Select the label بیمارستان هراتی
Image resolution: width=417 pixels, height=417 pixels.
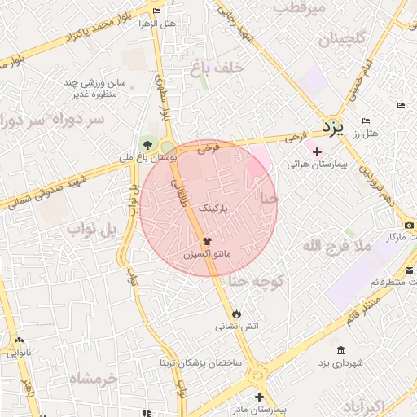coord(318,165)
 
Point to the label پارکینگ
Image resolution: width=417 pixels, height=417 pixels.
coord(213,208)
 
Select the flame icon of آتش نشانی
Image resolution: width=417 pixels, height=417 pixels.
coord(236,313)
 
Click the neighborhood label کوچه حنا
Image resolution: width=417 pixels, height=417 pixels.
coord(255,282)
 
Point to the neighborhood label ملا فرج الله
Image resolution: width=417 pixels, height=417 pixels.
coord(336,245)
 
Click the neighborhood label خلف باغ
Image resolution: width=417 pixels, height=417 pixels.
coord(217,69)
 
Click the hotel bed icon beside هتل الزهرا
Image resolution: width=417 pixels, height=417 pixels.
coord(156,11)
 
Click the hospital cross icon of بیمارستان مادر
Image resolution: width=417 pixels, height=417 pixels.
coord(259,397)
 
